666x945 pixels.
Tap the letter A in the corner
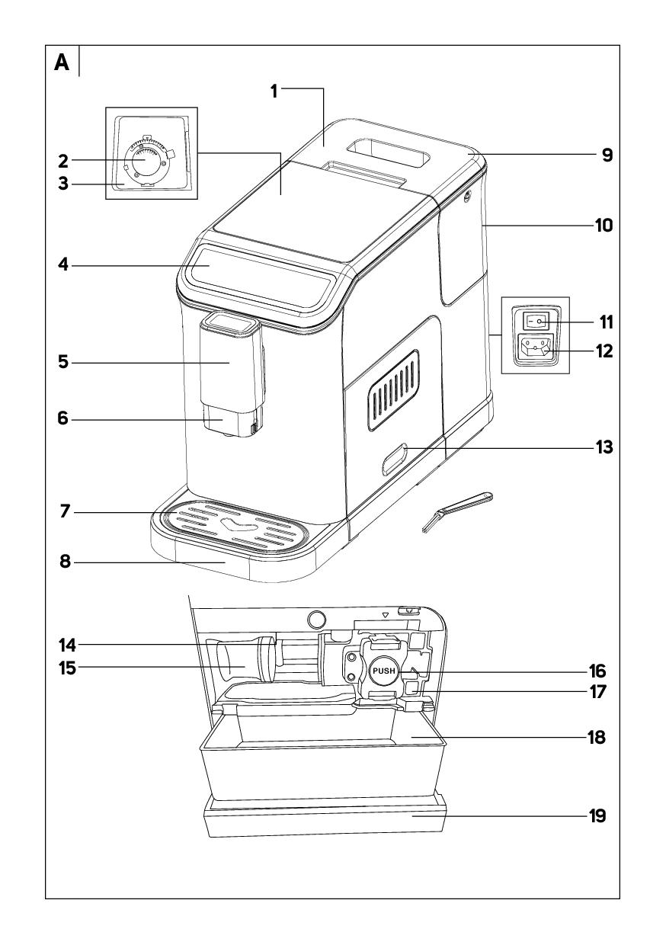(x=62, y=63)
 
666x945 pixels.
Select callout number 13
(x=604, y=448)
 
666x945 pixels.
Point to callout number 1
(x=274, y=90)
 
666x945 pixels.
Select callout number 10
(x=604, y=226)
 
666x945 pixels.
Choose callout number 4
(x=66, y=266)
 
